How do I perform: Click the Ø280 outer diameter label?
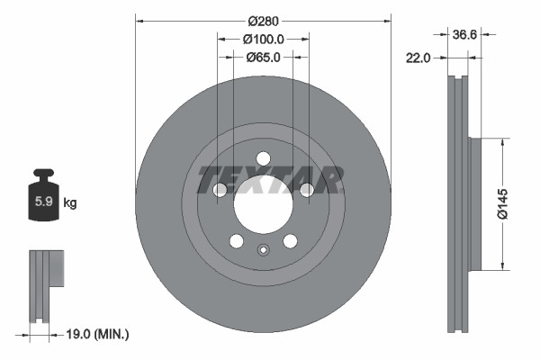coord(263,21)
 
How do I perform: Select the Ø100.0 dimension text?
coord(263,39)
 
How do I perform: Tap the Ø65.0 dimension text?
coord(263,57)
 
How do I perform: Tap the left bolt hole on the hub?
coord(220,190)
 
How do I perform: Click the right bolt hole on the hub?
coord(306,190)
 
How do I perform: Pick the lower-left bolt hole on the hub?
coord(236,241)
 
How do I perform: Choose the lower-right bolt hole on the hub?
coord(290,241)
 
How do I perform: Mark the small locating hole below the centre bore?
coord(263,251)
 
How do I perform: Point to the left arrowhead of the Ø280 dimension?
coord(139,21)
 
